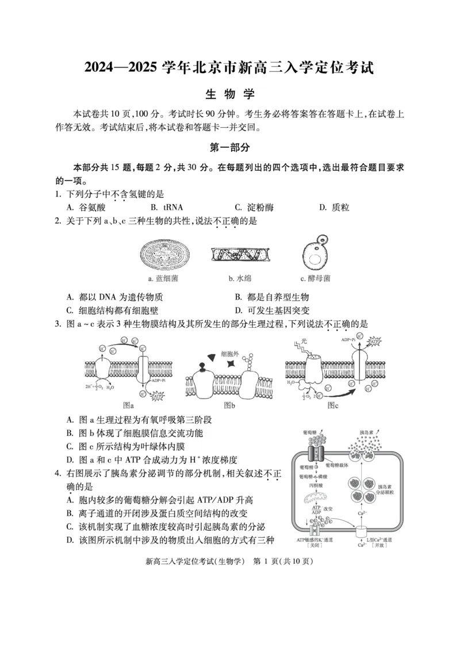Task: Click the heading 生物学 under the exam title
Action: [229, 94]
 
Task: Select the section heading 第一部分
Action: [229, 148]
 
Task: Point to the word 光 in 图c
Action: [305, 341]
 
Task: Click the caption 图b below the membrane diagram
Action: [229, 405]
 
